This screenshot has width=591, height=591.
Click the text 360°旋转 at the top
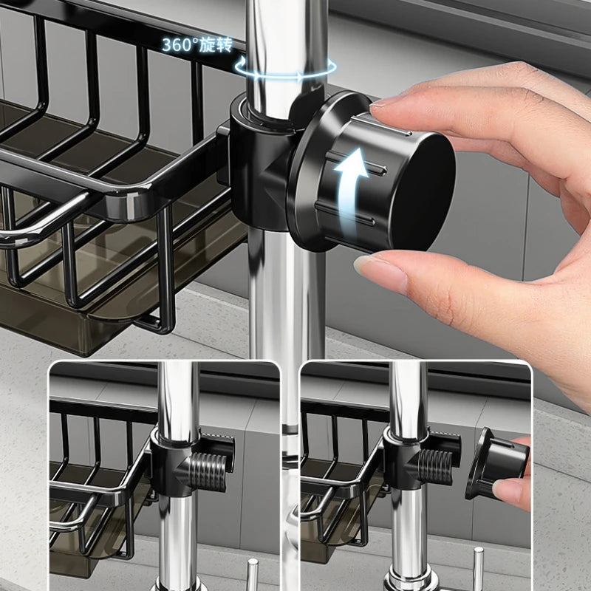click(197, 44)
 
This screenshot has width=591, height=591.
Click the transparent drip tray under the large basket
click(111, 310)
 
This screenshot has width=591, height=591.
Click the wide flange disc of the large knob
click(310, 177)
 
